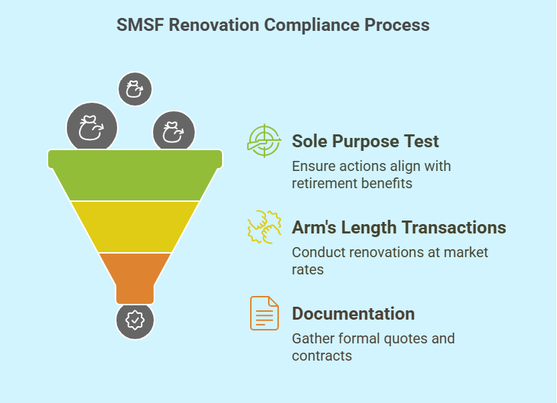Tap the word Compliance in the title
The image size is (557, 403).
pos(312,25)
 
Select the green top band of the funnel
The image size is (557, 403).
pos(135,175)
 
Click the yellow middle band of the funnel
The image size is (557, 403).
pos(135,227)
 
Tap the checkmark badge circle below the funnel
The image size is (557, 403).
pos(135,320)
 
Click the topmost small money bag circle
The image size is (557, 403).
pos(135,89)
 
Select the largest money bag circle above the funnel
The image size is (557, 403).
pos(92,127)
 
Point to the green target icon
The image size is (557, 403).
pos(264,141)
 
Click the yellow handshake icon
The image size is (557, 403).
pos(264,227)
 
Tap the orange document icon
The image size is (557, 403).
pos(264,313)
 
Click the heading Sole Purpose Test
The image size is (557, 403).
pos(365,142)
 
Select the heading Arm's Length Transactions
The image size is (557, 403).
pos(399,228)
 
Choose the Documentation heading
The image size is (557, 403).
pos(354,314)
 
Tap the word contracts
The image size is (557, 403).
pos(322,356)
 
